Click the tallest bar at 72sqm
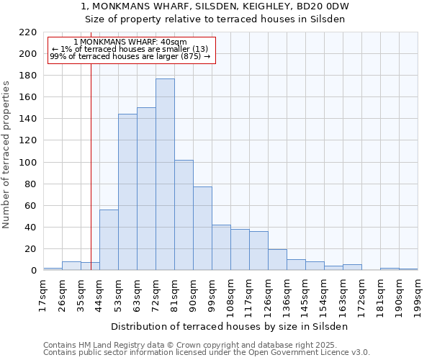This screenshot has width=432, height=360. coord(165,175)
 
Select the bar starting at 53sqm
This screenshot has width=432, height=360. coord(127,192)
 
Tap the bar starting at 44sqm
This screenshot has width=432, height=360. coord(109,240)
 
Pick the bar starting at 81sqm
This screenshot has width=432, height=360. coord(184,215)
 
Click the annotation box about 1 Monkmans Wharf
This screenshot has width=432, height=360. coord(131,50)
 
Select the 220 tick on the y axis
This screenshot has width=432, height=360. coord(28,32)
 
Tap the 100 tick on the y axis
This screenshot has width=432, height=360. coord(28,163)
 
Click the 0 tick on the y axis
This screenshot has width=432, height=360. coord(34,271)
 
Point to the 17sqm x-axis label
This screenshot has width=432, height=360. coord(43,293)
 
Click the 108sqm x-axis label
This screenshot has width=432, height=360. coord(230,295)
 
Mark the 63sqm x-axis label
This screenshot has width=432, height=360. coord(137,293)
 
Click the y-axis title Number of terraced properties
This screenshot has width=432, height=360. coord(6,155)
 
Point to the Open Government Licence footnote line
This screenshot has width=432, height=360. coord(207,352)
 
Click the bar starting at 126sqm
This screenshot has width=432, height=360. coord(277,260)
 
